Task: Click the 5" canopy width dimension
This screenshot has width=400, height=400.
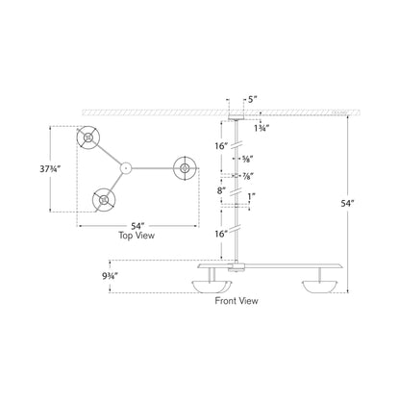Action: coord(252,98)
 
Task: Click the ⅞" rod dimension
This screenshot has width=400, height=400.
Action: coord(254,177)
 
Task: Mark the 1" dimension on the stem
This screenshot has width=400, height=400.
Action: coord(254,199)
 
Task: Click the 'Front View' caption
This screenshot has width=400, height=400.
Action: coord(237,300)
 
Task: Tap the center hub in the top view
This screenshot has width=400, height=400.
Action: coord(125,168)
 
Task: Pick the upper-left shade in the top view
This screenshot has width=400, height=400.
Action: coord(87,139)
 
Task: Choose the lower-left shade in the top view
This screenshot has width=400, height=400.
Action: coord(100,200)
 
